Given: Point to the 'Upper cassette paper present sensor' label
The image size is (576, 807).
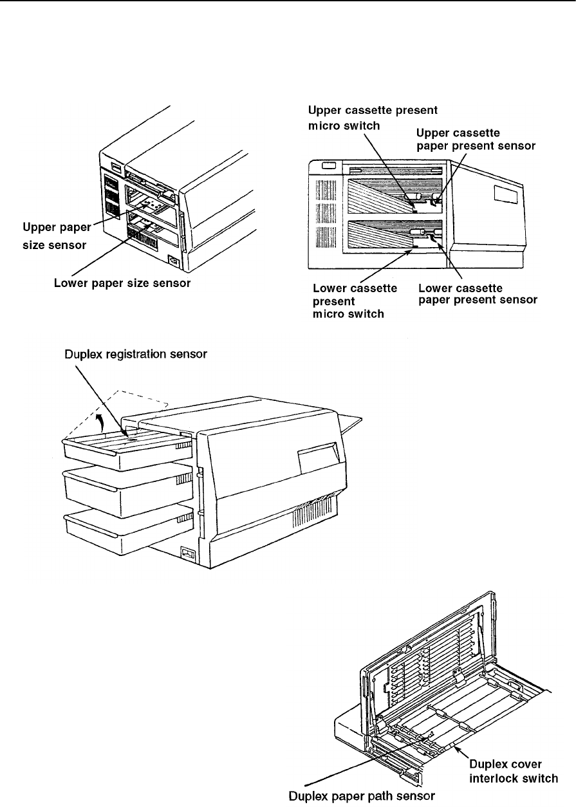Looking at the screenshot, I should click(x=476, y=140).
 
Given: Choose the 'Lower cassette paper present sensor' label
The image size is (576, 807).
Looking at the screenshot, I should click(x=477, y=293).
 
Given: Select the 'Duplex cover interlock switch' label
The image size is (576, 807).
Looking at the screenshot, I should click(x=513, y=770).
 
